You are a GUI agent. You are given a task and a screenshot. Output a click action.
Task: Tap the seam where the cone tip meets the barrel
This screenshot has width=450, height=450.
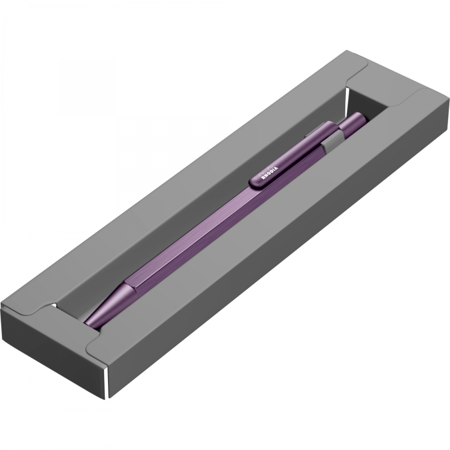[129, 288]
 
